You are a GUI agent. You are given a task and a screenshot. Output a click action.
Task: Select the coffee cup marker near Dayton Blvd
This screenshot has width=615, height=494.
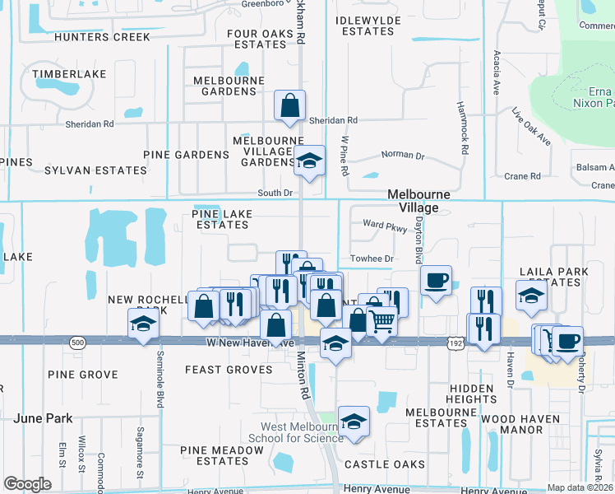pos(436,280)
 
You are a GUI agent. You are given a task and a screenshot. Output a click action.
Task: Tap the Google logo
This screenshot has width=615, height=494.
pos(27,484)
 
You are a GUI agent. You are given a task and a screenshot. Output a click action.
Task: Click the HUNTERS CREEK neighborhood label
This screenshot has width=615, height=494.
pos(102,37)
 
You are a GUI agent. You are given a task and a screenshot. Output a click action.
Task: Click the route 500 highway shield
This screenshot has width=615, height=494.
pos(78,341)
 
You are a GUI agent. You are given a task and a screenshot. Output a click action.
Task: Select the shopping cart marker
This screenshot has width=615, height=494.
pos(381,322)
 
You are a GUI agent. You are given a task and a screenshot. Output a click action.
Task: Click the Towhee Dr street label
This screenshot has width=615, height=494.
pos(372,259)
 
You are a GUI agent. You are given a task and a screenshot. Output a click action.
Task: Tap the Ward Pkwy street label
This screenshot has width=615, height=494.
pos(385,225)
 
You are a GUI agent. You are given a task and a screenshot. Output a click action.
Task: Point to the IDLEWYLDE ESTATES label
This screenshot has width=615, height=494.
pos(368,26)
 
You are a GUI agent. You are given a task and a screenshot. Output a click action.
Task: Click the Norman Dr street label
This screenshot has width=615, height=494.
pos(403,155)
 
